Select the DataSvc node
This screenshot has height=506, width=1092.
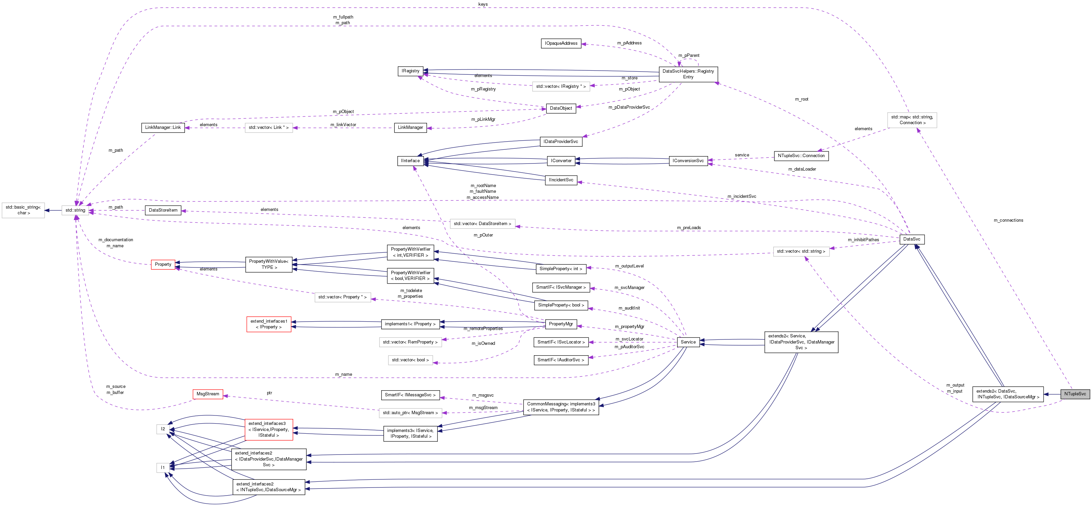click(x=911, y=239)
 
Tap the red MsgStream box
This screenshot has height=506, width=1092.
click(x=208, y=394)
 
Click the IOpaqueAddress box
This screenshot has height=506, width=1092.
click(x=561, y=43)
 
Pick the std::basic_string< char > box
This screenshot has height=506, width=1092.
click(x=23, y=210)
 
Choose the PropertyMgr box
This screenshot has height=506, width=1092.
click(x=560, y=324)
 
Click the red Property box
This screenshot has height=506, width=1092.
click(x=163, y=264)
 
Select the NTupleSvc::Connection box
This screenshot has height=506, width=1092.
click(x=801, y=156)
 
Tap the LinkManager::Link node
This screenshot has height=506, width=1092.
click(x=163, y=127)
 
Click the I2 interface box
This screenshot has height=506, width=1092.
click(x=163, y=429)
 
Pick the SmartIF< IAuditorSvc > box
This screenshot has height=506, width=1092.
click(x=560, y=360)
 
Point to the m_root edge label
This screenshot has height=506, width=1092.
click(x=801, y=99)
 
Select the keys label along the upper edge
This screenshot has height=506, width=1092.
click(x=483, y=4)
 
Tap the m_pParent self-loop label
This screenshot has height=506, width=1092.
click(x=689, y=56)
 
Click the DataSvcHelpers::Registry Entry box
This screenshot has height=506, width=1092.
click(x=688, y=74)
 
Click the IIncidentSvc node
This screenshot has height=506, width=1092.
click(x=561, y=180)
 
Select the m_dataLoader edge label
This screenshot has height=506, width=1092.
click(x=802, y=169)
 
